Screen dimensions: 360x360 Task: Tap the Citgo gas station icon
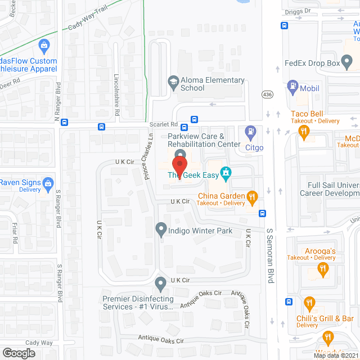250,134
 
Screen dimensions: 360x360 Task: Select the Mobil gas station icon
292,87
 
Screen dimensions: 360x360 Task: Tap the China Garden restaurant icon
252,197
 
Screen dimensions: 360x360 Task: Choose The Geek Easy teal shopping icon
226,172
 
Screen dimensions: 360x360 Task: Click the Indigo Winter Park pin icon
161,229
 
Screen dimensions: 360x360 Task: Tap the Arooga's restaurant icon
323,270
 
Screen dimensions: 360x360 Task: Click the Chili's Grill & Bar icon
309,304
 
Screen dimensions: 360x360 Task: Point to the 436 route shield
267,93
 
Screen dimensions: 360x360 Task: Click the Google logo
19,353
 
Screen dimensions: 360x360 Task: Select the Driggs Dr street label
299,11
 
